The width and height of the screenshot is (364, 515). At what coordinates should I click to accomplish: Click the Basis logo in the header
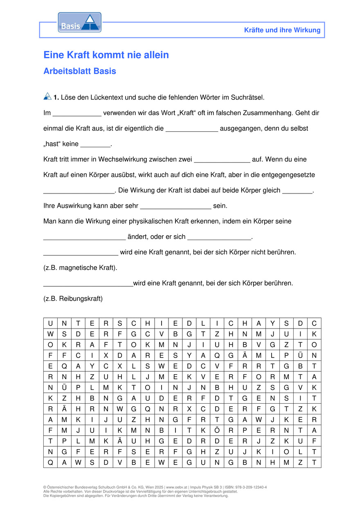79,22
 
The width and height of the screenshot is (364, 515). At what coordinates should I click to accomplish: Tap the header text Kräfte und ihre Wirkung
282,30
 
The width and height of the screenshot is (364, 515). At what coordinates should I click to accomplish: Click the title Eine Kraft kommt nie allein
106,55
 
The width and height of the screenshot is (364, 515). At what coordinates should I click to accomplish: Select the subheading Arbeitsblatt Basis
80,71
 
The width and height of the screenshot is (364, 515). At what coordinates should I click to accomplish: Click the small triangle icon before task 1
47,97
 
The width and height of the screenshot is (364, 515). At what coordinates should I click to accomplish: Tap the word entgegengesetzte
289,175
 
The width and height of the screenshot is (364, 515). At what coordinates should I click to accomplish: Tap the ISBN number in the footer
249,488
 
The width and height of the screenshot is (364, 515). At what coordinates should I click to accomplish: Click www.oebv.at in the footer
177,488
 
